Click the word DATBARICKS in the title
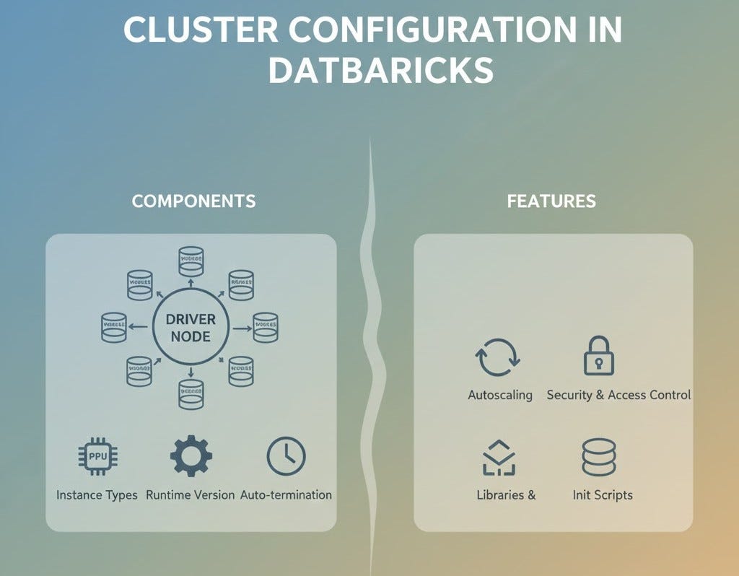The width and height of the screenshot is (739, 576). point(380,71)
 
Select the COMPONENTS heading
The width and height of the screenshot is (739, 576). point(193,201)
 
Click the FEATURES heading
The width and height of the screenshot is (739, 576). point(551,201)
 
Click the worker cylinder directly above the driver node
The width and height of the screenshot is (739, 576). point(191,261)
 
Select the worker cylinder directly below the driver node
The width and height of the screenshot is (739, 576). point(191,393)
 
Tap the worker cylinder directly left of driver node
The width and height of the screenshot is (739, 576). point(114,327)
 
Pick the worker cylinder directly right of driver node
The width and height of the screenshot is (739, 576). point(266,327)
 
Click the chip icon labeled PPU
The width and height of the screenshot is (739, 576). point(97,457)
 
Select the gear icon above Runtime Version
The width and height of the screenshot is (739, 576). point(191,456)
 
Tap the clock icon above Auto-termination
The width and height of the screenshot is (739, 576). point(286,456)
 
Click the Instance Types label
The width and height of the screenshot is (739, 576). point(97,495)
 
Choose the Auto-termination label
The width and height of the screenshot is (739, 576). point(286,495)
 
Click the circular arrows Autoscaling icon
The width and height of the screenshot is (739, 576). point(497,357)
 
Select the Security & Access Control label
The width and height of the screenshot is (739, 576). point(618,395)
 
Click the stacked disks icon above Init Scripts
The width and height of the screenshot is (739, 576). point(598,458)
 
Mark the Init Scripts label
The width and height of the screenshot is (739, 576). point(603,495)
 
